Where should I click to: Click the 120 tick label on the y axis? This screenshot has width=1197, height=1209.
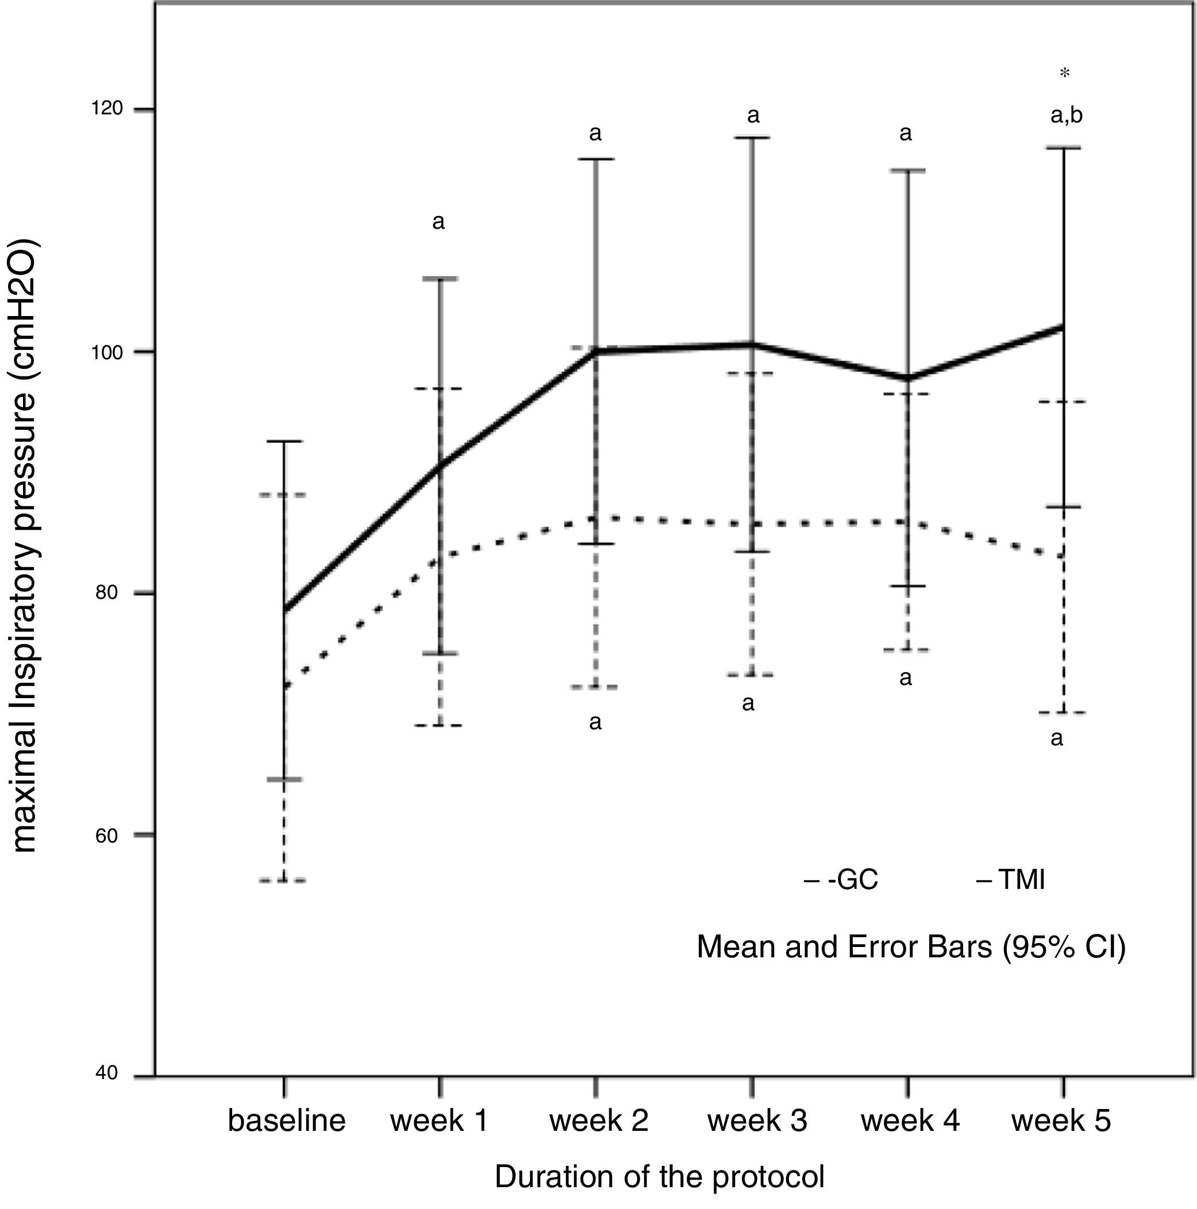106,109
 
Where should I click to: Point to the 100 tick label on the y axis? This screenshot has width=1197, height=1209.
106,352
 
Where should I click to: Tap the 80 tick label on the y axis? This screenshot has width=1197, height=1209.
106,592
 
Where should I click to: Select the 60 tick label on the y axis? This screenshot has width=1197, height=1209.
106,835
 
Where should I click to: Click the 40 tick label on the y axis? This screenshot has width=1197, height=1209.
106,1073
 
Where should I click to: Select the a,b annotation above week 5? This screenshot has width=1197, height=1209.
1066,115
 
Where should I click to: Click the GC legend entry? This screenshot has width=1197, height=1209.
842,880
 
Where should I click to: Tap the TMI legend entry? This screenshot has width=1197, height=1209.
1011,880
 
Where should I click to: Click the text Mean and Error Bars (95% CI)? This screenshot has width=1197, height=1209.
911,947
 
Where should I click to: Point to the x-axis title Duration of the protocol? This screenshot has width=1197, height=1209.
660,1177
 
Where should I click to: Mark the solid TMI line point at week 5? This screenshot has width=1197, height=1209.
1063,326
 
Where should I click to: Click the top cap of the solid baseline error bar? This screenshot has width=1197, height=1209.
284,441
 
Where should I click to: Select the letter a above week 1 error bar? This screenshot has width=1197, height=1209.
438,222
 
